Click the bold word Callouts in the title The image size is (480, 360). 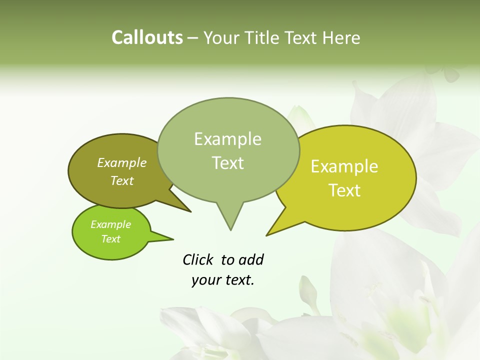(147, 37)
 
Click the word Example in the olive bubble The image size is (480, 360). (122, 162)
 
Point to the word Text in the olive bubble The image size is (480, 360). (122, 180)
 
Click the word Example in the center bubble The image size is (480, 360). (227, 139)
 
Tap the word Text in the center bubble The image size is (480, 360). (227, 163)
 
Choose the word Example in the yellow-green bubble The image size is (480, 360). (344, 166)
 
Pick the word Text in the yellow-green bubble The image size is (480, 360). (344, 190)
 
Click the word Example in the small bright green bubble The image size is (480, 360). (111, 224)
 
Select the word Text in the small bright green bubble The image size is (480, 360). (111, 239)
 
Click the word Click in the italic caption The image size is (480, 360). (198, 259)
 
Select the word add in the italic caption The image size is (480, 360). (251, 259)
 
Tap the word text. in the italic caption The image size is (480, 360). (238, 280)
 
